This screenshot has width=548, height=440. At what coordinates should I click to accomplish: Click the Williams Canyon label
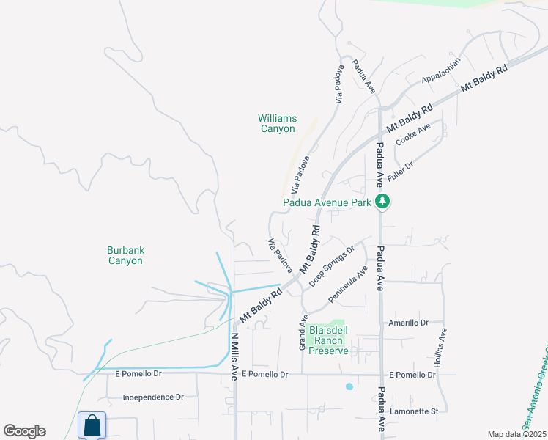point(276,123)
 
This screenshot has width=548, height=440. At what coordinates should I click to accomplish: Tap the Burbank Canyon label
point(125,255)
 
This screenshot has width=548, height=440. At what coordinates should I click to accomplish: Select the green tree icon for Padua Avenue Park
point(381,201)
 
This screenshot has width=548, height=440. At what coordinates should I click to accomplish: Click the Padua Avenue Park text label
point(327,203)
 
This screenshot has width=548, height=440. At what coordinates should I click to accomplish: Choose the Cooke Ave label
point(413,134)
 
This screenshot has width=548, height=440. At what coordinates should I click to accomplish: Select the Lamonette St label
point(413,411)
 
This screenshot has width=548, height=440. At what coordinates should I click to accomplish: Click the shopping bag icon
point(92,425)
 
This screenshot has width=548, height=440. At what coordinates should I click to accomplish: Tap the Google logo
point(24,431)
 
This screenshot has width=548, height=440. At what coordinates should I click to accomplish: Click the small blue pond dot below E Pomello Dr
point(349,386)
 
